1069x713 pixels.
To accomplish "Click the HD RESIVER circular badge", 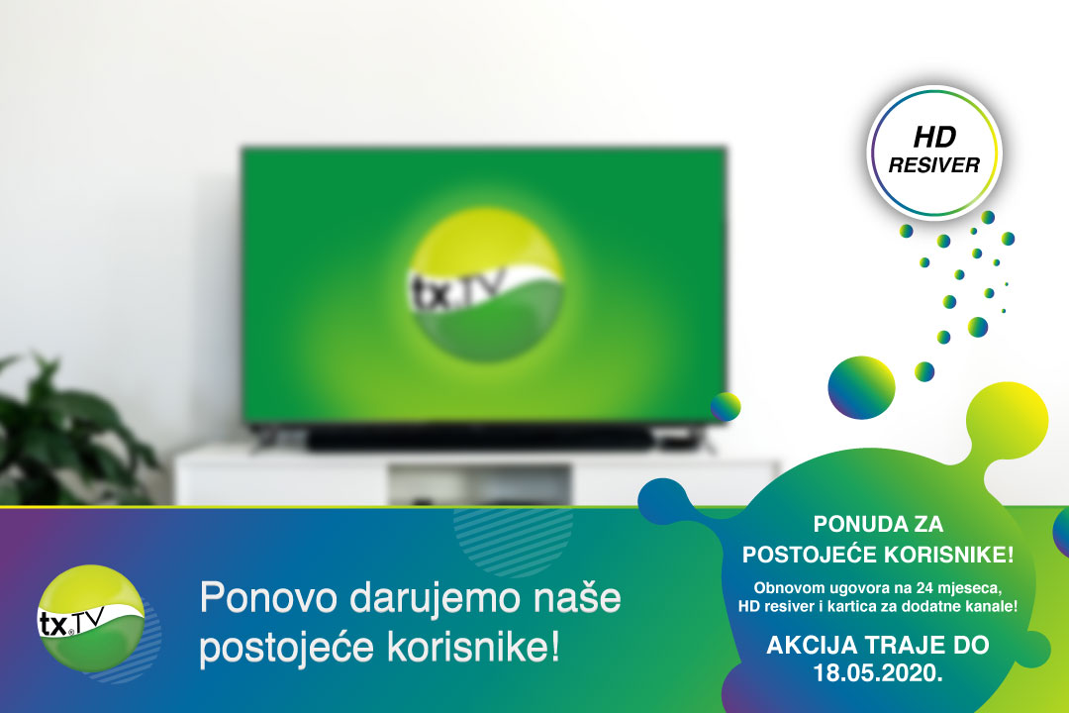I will (x=934, y=151).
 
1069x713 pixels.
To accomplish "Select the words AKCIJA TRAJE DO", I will (x=877, y=645).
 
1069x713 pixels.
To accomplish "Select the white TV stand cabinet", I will (x=475, y=480).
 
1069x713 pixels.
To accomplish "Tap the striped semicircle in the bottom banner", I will (x=499, y=540).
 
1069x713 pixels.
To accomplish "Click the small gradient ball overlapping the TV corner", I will (x=726, y=406).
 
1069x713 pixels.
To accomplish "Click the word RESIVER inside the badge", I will (x=933, y=165).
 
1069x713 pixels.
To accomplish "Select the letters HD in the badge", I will (x=933, y=140).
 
